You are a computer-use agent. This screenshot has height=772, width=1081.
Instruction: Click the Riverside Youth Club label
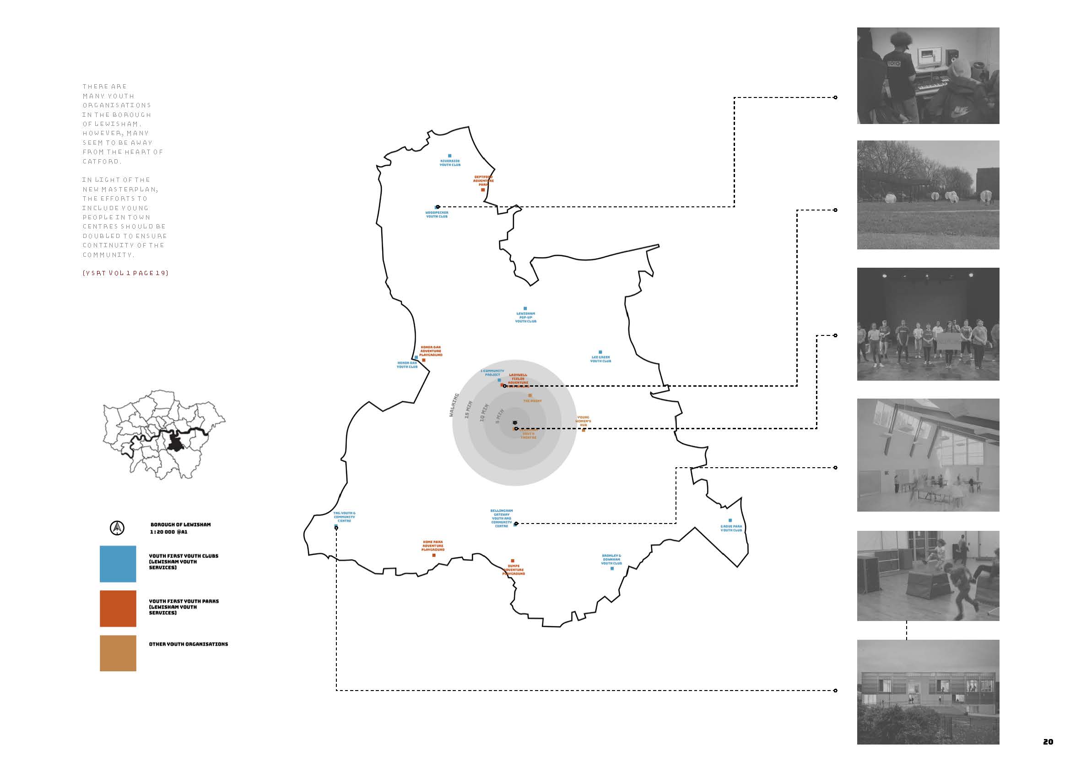(450, 163)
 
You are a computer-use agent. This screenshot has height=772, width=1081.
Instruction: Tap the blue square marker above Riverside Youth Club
(450, 156)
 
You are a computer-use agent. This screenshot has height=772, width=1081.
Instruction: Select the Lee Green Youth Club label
(600, 359)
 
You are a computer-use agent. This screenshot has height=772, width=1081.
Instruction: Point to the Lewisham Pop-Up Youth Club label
(525, 318)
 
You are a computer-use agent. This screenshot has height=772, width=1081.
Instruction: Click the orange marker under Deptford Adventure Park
(483, 189)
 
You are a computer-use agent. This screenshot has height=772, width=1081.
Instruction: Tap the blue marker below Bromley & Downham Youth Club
(612, 568)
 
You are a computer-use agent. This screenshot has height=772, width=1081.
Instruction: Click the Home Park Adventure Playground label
(432, 546)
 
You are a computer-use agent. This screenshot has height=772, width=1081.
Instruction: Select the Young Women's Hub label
(583, 421)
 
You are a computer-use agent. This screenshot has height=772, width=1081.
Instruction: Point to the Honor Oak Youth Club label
(407, 365)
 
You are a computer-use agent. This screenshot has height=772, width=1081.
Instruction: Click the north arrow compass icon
(118, 528)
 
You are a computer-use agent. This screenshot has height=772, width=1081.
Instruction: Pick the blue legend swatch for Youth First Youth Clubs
(118, 564)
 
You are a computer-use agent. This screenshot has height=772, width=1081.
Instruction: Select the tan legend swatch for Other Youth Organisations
(118, 653)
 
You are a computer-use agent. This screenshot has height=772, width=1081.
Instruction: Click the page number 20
(1048, 742)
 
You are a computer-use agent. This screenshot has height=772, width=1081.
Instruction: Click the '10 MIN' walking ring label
(483, 413)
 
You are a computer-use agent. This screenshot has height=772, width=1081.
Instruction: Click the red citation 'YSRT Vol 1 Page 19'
(125, 273)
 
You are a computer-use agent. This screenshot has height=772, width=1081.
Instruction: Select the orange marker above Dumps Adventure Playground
(513, 561)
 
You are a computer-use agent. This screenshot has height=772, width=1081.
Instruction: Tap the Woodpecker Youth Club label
(437, 214)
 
